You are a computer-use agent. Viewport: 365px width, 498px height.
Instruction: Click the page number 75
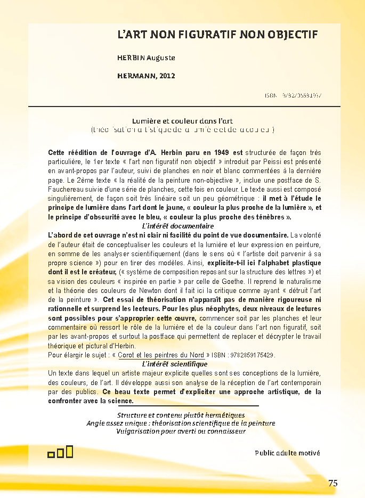333,484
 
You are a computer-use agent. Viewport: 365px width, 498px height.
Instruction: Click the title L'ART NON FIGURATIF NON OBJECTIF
217,35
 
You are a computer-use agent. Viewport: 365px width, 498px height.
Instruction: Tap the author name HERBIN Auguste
146,58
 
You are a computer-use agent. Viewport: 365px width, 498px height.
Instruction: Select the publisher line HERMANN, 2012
146,76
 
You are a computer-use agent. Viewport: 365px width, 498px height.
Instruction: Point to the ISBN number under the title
293,96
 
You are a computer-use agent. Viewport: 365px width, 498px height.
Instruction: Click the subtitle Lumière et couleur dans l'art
182,121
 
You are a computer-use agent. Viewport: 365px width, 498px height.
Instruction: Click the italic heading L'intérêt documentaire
171,226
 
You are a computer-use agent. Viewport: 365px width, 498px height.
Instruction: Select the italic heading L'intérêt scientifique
167,364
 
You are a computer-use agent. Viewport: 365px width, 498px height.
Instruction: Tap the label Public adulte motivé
287,453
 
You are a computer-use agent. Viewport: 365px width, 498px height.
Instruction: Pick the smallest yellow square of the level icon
51,454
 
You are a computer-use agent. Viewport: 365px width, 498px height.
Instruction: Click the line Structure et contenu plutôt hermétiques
181,415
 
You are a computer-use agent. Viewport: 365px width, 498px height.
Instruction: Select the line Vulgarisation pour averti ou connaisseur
181,431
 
